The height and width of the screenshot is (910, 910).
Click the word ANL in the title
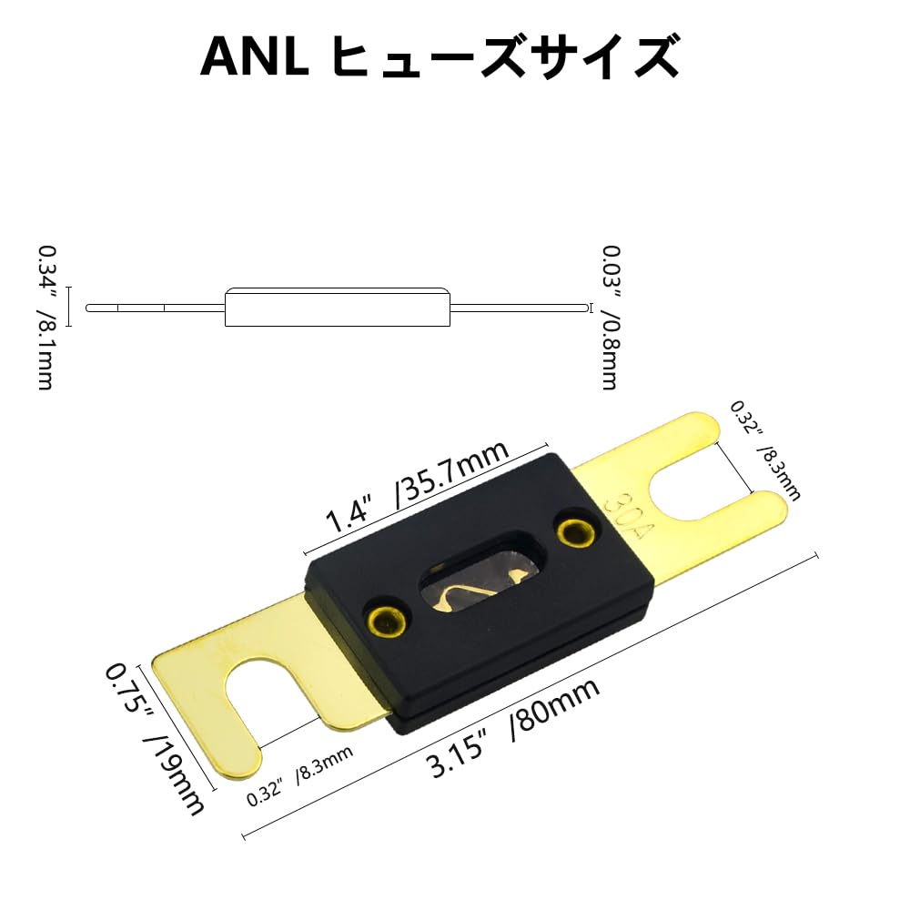[x=255, y=56]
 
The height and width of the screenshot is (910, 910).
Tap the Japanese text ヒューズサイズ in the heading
[x=507, y=56]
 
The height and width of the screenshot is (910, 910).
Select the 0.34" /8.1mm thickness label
[x=46, y=318]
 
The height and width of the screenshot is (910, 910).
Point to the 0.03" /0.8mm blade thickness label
[x=611, y=318]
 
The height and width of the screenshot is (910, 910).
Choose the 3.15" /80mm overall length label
[x=513, y=728]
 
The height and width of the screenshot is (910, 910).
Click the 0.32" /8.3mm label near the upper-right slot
[x=764, y=450]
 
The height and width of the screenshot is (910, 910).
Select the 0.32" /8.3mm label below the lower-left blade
[x=299, y=776]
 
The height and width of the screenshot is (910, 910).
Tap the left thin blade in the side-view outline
[x=155, y=308]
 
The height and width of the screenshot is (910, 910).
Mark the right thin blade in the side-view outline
[x=520, y=308]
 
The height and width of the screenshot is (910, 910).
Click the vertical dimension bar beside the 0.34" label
[x=68, y=307]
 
